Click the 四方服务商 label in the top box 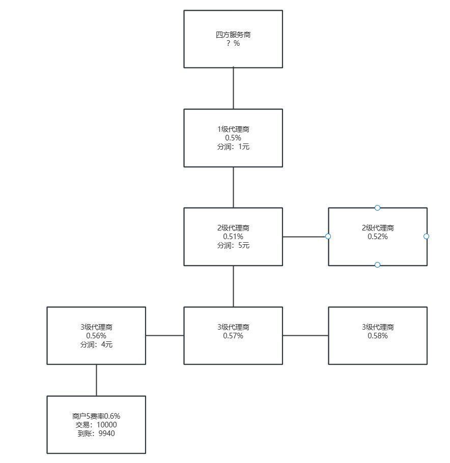[233, 35]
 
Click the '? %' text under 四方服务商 [233, 43]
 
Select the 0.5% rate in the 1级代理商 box [233, 138]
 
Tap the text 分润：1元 [233, 147]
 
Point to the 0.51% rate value [233, 237]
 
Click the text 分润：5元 [233, 245]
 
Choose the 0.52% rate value [378, 237]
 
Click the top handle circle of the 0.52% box [377, 208]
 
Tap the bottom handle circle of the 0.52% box [377, 265]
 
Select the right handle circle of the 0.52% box [426, 236]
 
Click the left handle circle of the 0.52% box [328, 236]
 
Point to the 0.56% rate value [96, 336]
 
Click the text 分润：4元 [96, 344]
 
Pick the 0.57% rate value [233, 336]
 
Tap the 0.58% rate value [378, 336]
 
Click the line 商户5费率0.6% [96, 416]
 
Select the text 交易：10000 [96, 425]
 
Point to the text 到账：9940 [96, 433]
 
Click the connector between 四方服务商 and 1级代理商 [234, 89]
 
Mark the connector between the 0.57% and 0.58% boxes [305, 335]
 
